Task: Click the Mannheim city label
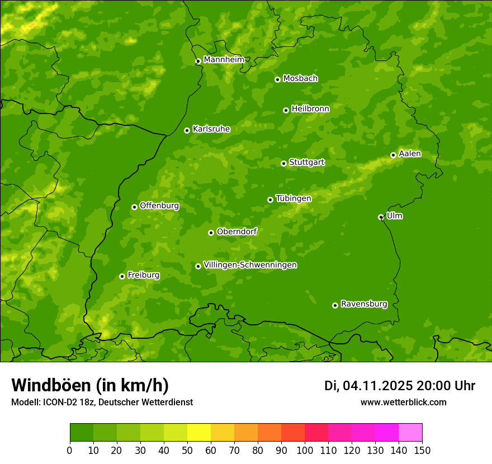tap(224, 59)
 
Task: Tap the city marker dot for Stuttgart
tap(283, 163)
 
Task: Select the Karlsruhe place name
tap(211, 129)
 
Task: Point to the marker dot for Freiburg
tap(122, 276)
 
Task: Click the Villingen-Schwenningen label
tap(250, 265)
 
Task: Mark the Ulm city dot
tap(381, 217)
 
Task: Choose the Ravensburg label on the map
tap(364, 304)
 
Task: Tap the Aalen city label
tap(410, 154)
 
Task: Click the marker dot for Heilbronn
tap(286, 110)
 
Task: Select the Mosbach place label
tap(300, 78)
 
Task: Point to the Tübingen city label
tap(294, 198)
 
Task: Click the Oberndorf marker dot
tap(211, 233)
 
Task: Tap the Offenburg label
tap(159, 206)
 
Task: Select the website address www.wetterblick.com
tap(403, 402)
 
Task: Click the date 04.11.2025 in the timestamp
tap(378, 386)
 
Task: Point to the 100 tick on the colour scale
tap(304, 450)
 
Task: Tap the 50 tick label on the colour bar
tap(187, 450)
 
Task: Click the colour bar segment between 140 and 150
tap(410, 432)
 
